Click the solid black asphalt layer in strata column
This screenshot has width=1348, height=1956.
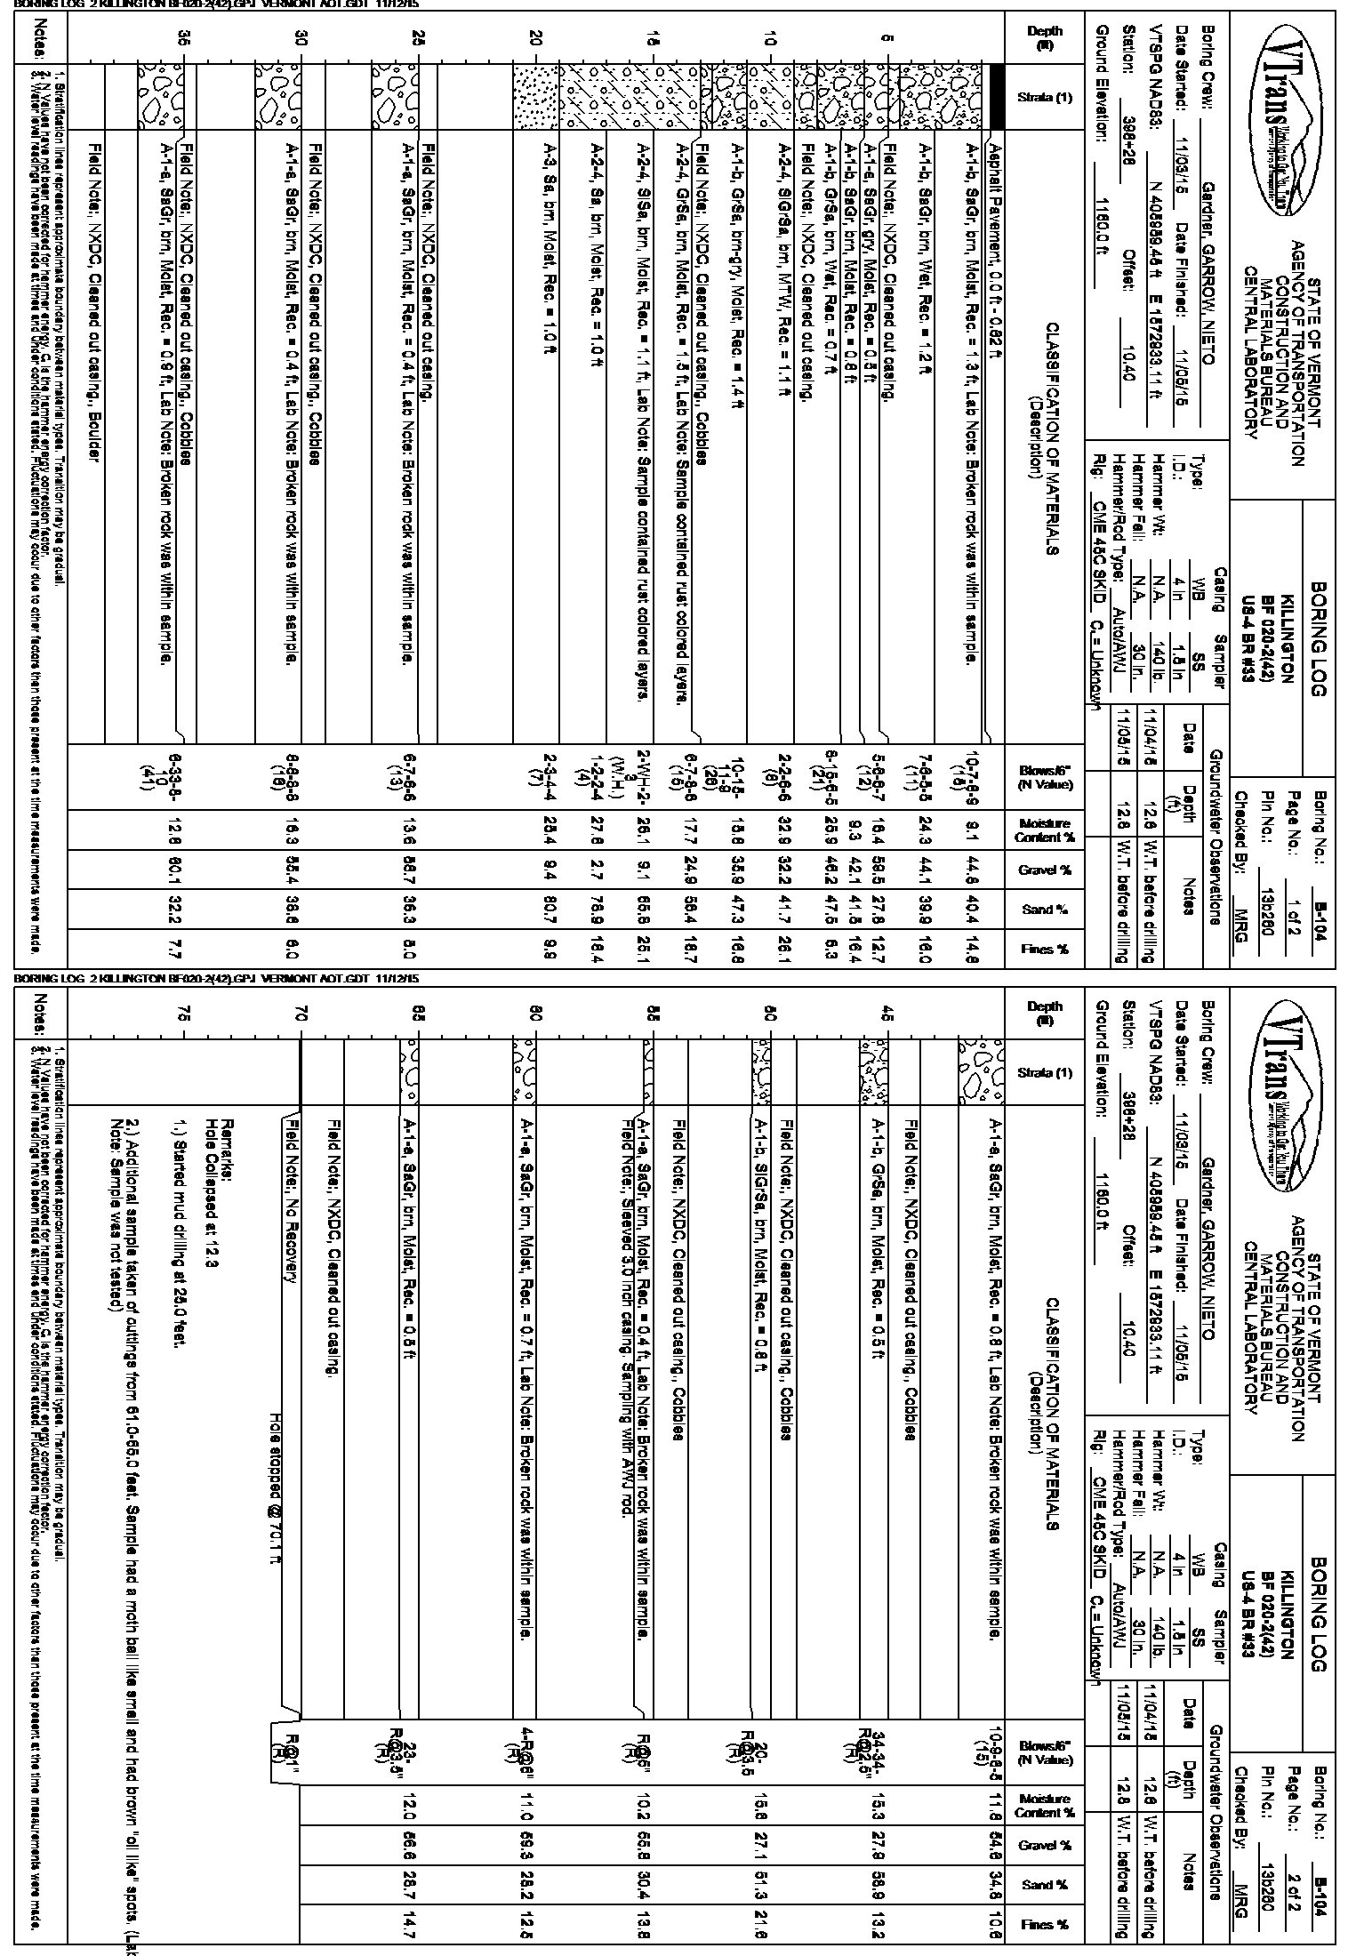997,98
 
